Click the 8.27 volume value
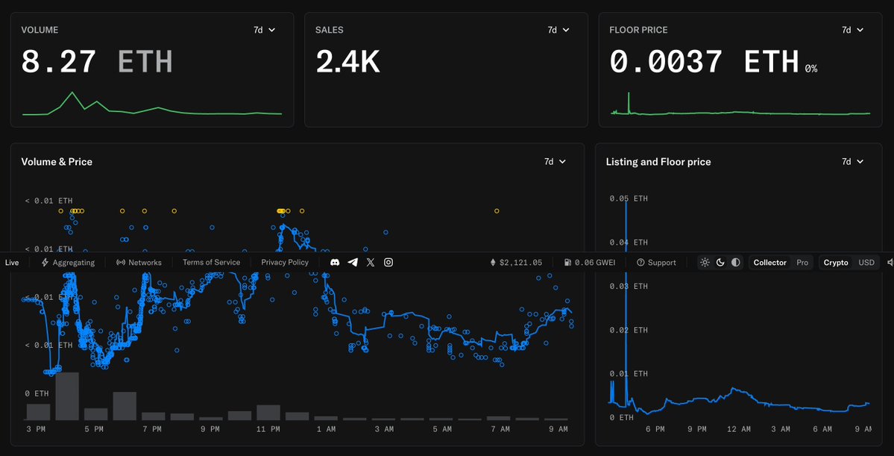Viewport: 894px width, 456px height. click(x=58, y=61)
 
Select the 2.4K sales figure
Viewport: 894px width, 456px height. click(x=347, y=61)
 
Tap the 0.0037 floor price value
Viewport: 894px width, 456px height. click(x=665, y=61)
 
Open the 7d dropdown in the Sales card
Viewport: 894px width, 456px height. click(x=558, y=30)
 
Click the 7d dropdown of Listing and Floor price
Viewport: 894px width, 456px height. click(x=852, y=161)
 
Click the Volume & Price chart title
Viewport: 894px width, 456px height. click(x=57, y=161)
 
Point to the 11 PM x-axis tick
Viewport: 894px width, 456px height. click(x=268, y=429)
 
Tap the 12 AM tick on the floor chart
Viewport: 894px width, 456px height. click(x=738, y=429)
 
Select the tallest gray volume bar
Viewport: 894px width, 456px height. click(x=67, y=396)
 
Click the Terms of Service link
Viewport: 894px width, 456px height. click(x=211, y=263)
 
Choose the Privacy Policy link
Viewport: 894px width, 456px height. click(x=285, y=263)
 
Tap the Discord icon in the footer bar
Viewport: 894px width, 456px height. click(x=335, y=263)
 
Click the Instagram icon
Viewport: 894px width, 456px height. click(x=388, y=263)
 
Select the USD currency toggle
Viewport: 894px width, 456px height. click(x=866, y=263)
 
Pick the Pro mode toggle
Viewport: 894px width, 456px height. click(x=802, y=263)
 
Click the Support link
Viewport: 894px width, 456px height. click(x=656, y=263)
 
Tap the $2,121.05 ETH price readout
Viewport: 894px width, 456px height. click(x=515, y=263)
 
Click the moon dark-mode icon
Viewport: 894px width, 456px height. click(x=720, y=263)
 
